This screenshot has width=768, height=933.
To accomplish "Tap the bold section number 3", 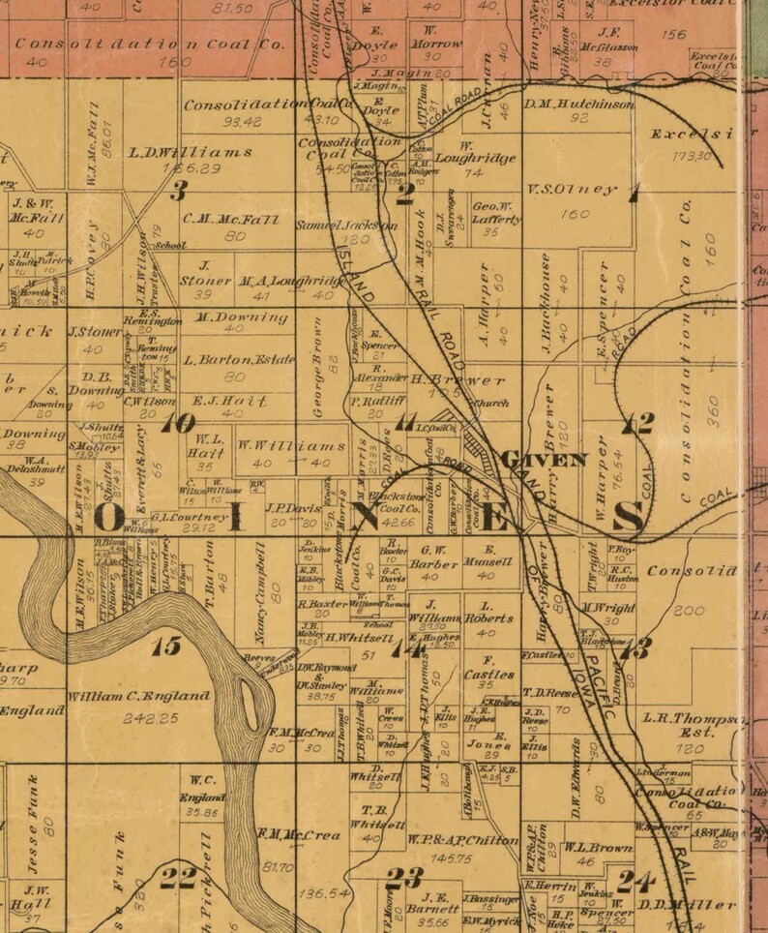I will (178, 191).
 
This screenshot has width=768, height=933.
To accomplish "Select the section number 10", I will (179, 423).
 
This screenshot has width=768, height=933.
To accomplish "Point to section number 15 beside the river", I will (166, 646).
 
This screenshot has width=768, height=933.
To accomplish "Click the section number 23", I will (404, 878).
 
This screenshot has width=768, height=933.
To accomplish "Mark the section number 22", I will (179, 878).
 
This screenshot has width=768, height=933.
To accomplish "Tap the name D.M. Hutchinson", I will (579, 104).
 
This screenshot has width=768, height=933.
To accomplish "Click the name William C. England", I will (138, 695).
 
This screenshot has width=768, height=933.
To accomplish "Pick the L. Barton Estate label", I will (239, 359).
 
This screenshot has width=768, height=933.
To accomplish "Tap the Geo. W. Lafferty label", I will (496, 212).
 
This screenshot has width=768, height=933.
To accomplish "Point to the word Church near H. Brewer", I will (490, 402).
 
